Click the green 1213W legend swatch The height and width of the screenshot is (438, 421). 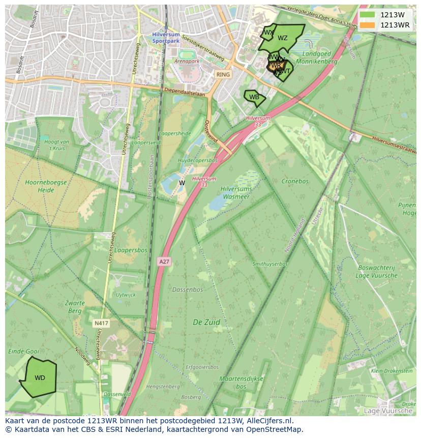(367, 15)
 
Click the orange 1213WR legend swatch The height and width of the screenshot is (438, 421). (367, 25)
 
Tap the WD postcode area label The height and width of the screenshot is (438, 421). (40, 378)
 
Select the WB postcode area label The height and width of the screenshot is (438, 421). (254, 97)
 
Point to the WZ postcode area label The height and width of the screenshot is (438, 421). (283, 38)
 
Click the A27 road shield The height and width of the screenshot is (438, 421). (164, 261)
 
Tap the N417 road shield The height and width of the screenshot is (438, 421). (100, 323)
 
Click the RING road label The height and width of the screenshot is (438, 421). (223, 74)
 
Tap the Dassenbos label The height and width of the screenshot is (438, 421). (187, 289)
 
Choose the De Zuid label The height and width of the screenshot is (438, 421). (206, 322)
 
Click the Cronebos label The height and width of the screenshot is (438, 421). (295, 181)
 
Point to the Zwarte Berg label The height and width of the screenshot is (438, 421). (75, 307)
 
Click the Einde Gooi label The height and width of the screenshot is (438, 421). (24, 352)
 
